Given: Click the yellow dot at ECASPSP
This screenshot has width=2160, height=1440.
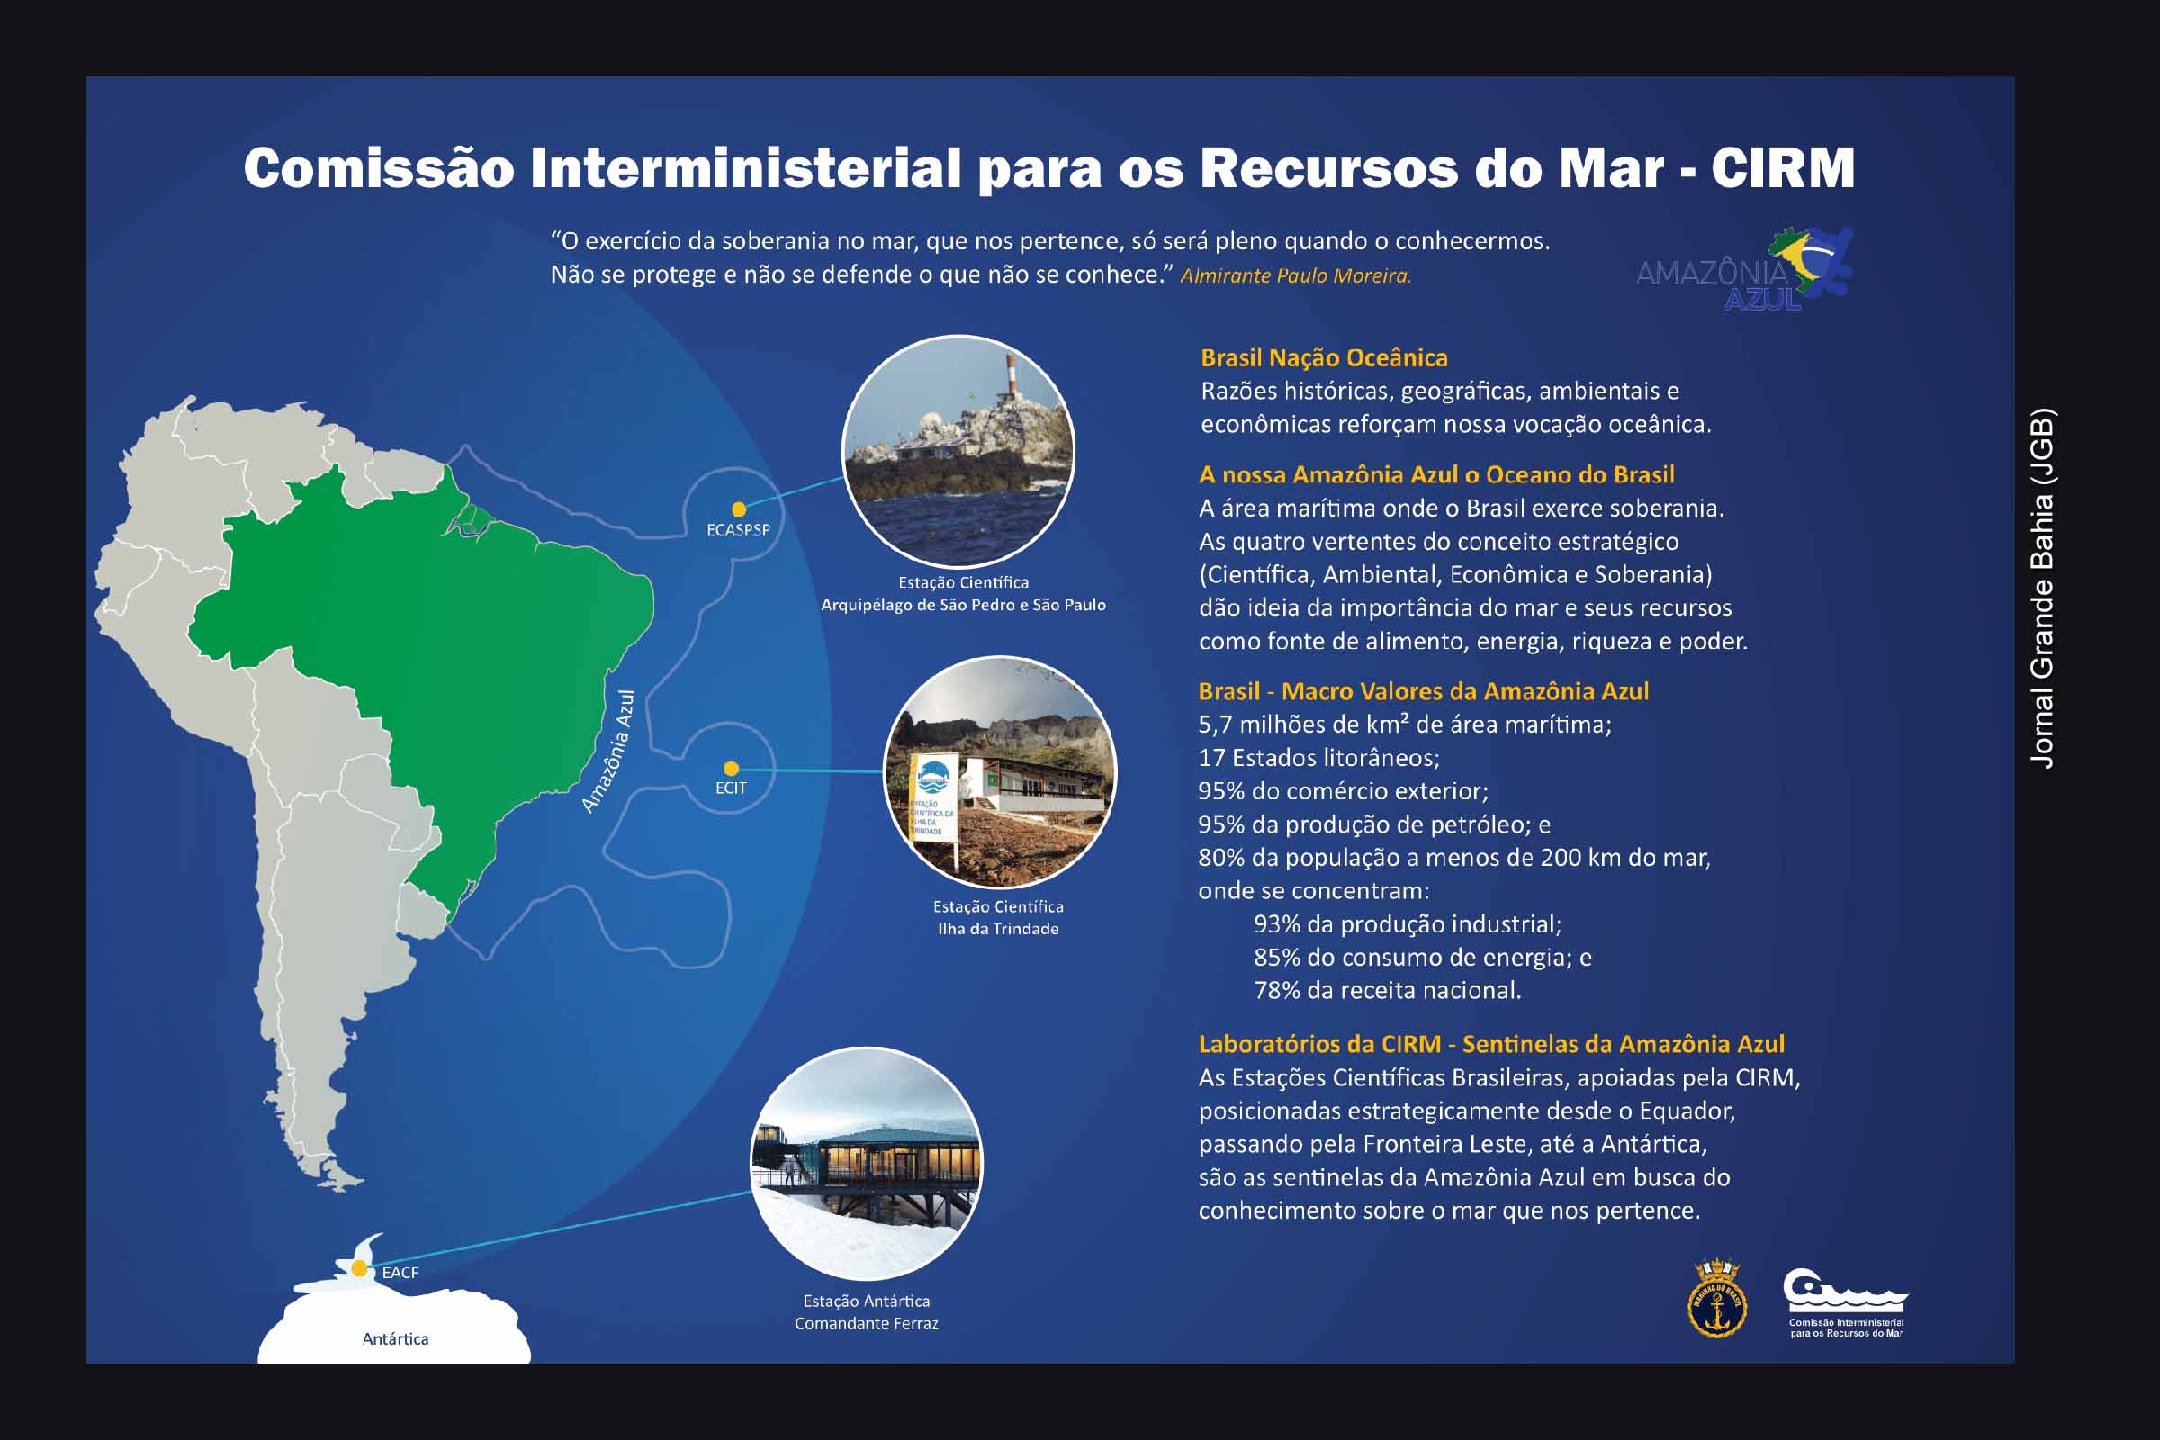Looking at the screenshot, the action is [738, 508].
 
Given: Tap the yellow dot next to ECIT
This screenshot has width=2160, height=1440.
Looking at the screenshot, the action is [731, 769].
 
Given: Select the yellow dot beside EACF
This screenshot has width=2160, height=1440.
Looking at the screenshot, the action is [359, 1269].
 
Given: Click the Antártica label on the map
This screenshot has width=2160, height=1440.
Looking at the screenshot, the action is [395, 1339].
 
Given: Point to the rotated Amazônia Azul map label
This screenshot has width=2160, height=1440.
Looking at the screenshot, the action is [608, 751].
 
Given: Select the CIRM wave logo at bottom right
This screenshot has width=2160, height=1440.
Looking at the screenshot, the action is [1845, 1302].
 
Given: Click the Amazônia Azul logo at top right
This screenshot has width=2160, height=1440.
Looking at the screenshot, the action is [1745, 269].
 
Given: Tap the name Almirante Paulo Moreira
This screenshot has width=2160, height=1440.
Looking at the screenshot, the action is [1295, 275].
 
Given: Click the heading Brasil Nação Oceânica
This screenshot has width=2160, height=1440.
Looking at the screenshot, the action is [1324, 357].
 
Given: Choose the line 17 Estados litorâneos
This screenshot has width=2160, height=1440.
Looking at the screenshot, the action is [1318, 758].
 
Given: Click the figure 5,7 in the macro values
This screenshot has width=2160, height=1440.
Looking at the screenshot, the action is [1215, 724].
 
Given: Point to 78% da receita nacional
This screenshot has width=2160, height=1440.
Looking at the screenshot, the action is [1388, 990].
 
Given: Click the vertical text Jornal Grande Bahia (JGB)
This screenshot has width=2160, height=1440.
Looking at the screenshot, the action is [2041, 588].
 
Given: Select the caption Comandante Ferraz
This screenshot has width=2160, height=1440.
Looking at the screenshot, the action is [866, 1323].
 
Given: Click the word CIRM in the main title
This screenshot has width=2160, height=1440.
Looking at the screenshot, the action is [1783, 168].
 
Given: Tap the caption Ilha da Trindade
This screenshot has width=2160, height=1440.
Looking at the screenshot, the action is [998, 929].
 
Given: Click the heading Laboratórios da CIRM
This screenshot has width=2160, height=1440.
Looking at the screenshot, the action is [1319, 1044].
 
